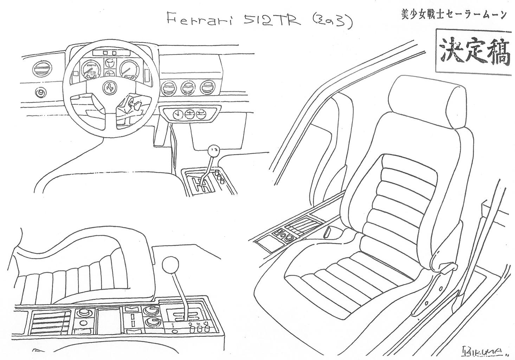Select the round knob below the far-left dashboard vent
pyautogui.click(x=41, y=93)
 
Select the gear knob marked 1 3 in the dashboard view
pyautogui.click(x=213, y=151)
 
